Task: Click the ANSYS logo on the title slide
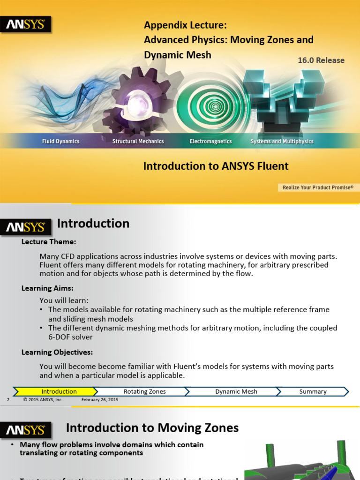25,24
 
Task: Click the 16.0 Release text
321,60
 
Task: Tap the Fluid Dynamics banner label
60,141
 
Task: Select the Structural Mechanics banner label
138,141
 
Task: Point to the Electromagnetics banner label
210,141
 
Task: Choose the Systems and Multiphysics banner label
282,141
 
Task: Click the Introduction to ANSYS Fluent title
216,166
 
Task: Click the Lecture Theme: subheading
49,242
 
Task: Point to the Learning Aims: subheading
47,288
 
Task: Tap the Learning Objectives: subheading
57,352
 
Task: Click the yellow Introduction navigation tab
59,391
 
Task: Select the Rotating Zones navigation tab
144,391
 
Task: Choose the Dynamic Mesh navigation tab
236,391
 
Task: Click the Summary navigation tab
313,391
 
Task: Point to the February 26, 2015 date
99,400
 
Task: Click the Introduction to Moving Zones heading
152,427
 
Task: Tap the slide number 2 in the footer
8,400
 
